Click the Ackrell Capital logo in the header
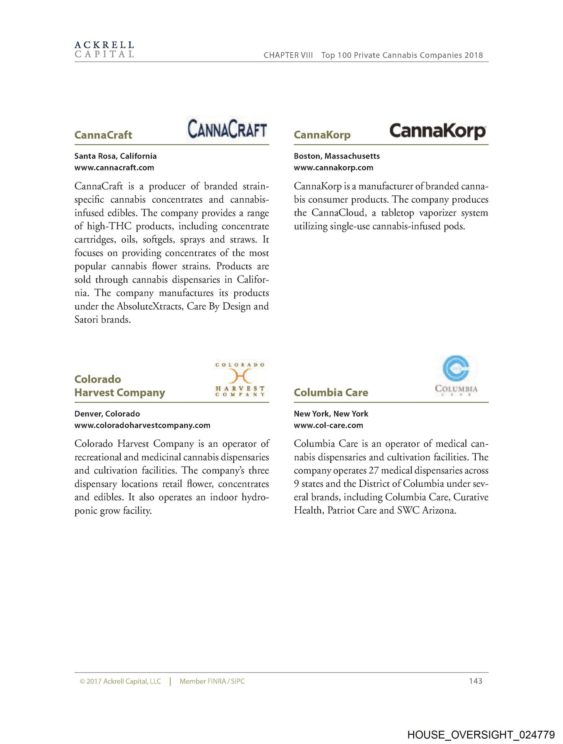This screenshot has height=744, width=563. coord(104,50)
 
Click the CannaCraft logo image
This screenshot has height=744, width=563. coord(227,129)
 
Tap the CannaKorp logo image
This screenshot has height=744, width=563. coord(437,131)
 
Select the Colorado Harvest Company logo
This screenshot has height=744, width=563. coord(240,379)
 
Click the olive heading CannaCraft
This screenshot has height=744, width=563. coord(103,135)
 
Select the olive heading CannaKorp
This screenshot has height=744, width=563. coord(322,135)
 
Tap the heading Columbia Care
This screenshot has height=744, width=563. coord(331,393)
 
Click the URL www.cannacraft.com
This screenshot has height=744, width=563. coord(114,168)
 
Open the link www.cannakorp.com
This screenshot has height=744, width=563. coord(334,168)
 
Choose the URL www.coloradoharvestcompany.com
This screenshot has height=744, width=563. coord(142,425)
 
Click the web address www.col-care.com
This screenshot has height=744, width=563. coord(329,425)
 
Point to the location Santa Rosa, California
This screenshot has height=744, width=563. coord(115,156)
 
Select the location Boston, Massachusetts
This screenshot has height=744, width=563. coord(337,156)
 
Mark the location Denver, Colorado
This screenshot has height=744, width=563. coord(107,414)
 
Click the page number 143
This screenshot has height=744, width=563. coord(475,681)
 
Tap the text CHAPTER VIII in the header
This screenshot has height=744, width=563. coord(288,55)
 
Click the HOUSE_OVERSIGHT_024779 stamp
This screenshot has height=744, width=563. coord(481,735)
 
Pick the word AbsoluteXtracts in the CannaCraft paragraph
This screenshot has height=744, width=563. coord(150,307)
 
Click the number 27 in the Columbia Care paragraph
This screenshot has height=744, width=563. coord(374,470)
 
